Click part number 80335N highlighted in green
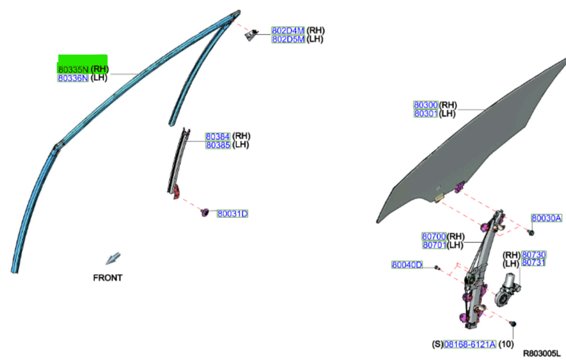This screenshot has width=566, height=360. click(x=73, y=69)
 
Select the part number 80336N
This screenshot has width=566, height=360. click(x=73, y=78)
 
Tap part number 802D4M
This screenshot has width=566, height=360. click(x=288, y=30)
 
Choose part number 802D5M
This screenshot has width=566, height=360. click(x=288, y=39)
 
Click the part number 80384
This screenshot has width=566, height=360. click(x=217, y=137)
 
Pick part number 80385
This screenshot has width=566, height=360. click(x=217, y=145)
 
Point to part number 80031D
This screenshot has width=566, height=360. click(x=233, y=213)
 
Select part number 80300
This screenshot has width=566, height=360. click(x=426, y=105)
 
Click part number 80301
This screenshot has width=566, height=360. click(x=426, y=113)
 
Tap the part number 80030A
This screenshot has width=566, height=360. click(x=546, y=218)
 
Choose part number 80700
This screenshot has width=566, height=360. click(x=434, y=236)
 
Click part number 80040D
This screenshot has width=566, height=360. click(x=407, y=265)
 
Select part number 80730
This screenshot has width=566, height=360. click(x=534, y=254)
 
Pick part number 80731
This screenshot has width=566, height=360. click(x=534, y=262)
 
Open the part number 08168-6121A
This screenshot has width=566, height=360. click(x=469, y=344)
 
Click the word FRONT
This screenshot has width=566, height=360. click(x=108, y=278)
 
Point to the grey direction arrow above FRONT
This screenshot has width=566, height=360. click(x=113, y=259)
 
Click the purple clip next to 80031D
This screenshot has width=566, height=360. click(x=205, y=212)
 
